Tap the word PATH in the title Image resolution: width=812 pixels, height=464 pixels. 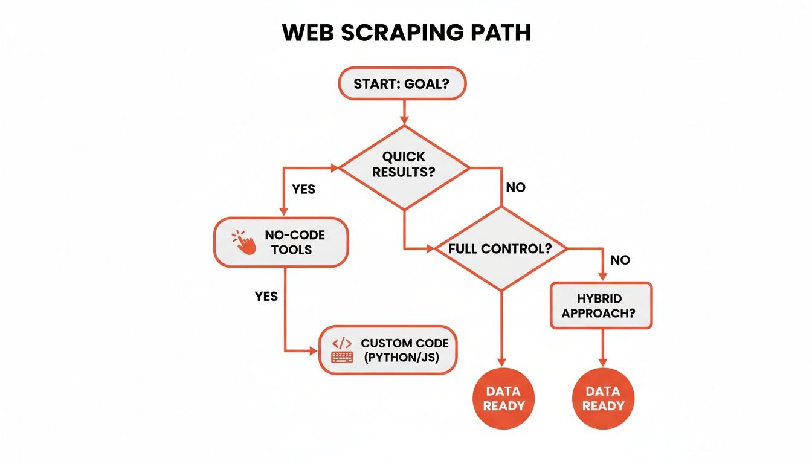click(x=499, y=34)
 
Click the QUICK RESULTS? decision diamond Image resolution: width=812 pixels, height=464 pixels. click(x=404, y=164)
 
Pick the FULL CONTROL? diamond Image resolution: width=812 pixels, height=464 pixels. click(x=500, y=248)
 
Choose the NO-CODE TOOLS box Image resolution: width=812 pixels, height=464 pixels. click(x=281, y=242)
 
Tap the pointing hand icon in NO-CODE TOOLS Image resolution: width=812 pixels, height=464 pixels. click(x=244, y=242)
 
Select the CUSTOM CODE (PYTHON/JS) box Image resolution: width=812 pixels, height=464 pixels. click(x=387, y=350)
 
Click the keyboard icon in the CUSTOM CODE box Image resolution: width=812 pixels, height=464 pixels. click(x=343, y=357)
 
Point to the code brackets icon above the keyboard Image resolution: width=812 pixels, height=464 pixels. click(x=343, y=343)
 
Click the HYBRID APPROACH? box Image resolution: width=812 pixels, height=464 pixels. click(x=601, y=306)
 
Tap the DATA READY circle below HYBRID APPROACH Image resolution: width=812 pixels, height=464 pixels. click(x=602, y=399)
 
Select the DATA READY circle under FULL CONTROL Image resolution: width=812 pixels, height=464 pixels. click(x=501, y=399)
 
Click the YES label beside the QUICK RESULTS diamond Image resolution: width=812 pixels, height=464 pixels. click(x=303, y=189)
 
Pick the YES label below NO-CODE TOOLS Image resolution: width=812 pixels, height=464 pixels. click(x=266, y=296)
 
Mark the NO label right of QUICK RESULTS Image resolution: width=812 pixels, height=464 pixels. click(x=515, y=187)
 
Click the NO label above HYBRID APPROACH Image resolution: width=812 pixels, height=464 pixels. click(x=620, y=260)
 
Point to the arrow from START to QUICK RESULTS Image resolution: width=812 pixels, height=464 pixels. click(x=404, y=111)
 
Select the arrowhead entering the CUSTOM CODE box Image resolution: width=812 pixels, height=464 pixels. click(x=313, y=350)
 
